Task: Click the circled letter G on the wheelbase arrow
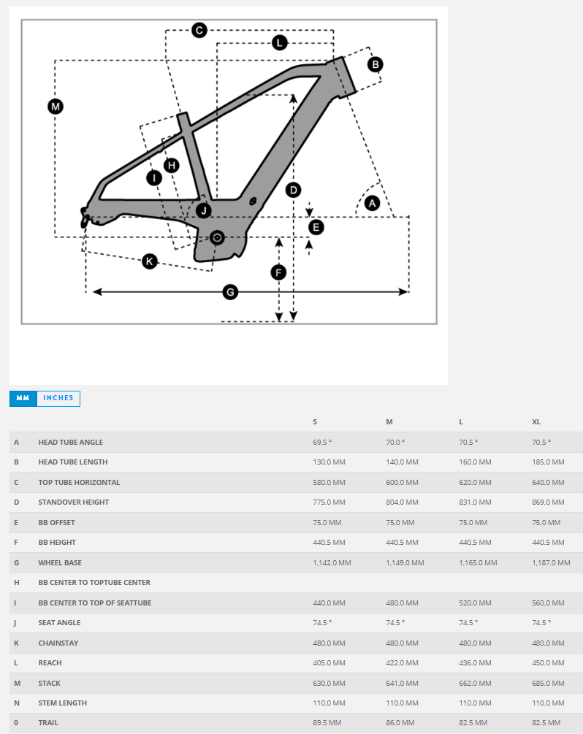230,292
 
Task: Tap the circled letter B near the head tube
375,64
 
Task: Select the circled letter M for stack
55,107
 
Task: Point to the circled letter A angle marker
372,203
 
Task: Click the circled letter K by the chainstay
150,261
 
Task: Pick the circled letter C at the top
199,30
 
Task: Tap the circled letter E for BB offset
316,227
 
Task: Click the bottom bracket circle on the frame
216,238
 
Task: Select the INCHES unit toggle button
58,398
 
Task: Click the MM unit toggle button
23,398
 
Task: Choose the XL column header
536,422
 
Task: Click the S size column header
315,422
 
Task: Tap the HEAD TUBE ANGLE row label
71,442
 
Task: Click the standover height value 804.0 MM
402,502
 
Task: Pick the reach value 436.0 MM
475,663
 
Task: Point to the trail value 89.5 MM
327,723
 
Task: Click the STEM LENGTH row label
63,703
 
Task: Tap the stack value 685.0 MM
548,684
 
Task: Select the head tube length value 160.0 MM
475,462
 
